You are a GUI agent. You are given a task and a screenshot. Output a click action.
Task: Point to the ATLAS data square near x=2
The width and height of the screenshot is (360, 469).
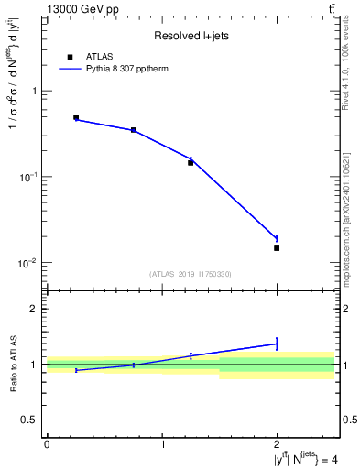point(277,248)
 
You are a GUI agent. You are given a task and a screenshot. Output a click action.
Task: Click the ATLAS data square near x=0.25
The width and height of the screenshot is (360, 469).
point(76,117)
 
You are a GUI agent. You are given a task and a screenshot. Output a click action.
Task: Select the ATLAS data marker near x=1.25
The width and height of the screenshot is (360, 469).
point(191,162)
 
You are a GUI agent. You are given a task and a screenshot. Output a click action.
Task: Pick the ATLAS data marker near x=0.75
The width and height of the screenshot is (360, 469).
point(134,130)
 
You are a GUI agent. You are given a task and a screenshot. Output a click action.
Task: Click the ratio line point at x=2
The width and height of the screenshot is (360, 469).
point(277,344)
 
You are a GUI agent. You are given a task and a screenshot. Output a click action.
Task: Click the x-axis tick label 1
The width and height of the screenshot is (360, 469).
point(162,444)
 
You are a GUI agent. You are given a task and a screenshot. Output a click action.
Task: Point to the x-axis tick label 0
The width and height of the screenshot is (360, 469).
point(47,444)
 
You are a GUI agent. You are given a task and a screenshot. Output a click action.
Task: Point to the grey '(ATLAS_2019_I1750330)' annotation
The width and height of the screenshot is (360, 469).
point(191,274)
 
